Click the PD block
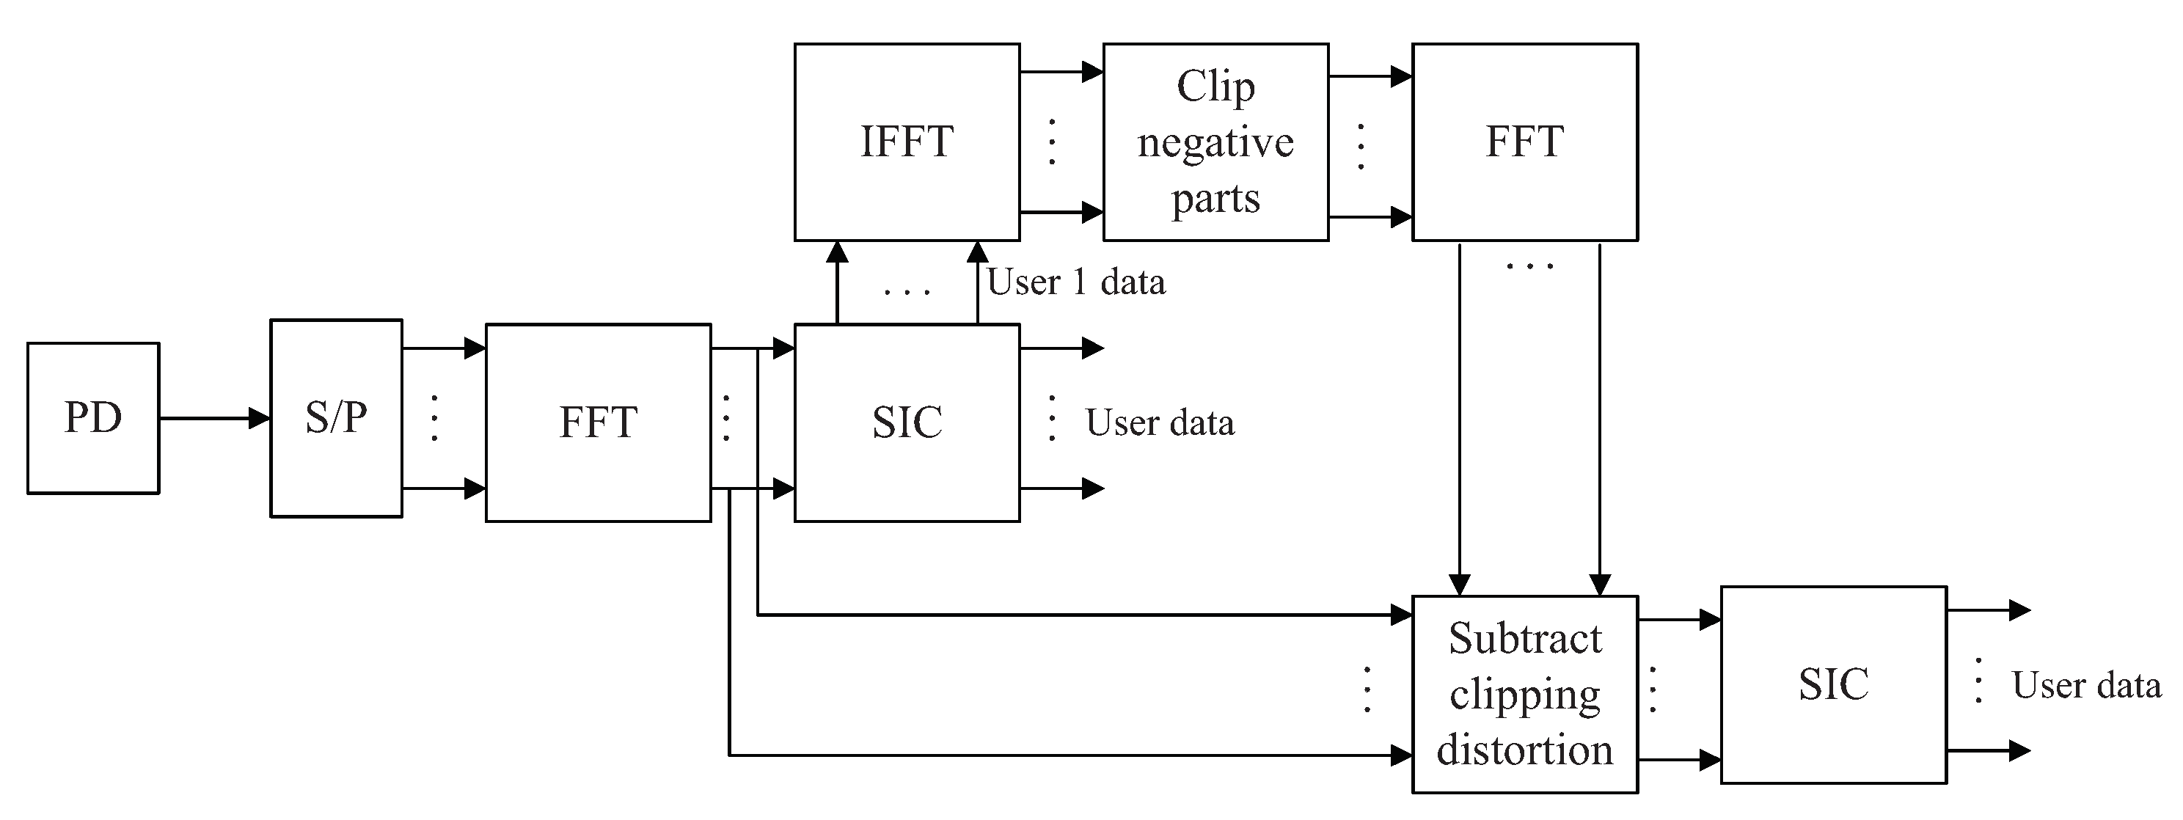93,417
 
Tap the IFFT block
907,142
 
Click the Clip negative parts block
1215,142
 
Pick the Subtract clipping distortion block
1524,694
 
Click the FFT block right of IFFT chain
1524,142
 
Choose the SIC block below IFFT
907,422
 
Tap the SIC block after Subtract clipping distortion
1833,684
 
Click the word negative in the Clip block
1215,142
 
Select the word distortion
1524,750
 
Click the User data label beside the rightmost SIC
2086,685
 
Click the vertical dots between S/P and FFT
435,417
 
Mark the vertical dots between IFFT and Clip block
1052,142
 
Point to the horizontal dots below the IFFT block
907,291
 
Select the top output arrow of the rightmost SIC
1988,610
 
